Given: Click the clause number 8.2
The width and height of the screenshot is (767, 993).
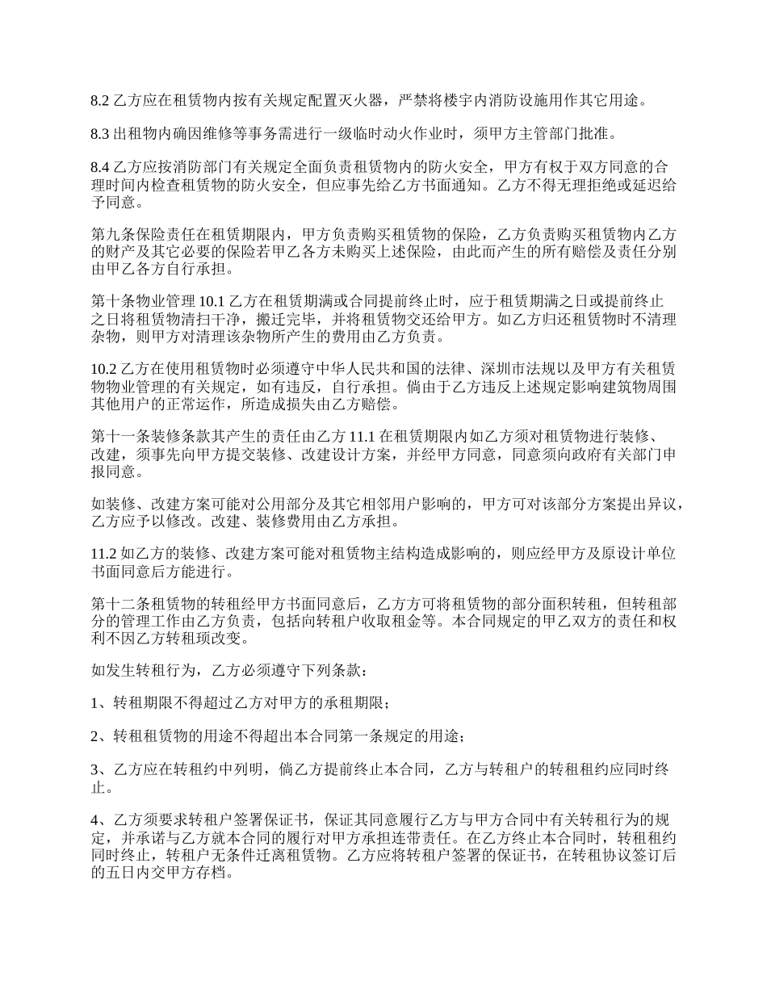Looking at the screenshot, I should click(x=100, y=101).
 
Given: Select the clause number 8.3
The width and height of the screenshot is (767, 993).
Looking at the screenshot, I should click(x=100, y=134).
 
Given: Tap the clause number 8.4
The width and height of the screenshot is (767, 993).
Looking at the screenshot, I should click(x=100, y=168).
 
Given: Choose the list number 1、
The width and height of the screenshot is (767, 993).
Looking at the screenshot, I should click(x=102, y=705).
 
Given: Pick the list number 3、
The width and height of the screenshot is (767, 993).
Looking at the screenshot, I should click(x=102, y=771).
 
